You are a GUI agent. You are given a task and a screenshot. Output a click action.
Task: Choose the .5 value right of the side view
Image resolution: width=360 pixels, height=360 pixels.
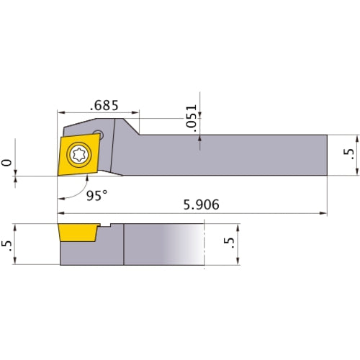(x=230, y=246)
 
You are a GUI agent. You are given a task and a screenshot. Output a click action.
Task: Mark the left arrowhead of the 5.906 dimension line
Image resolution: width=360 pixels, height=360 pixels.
(x=60, y=214)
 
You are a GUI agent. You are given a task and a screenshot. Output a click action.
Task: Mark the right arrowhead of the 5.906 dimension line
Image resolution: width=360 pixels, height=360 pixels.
(x=323, y=214)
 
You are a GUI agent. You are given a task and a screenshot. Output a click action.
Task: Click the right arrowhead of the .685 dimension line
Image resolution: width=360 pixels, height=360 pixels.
(x=136, y=113)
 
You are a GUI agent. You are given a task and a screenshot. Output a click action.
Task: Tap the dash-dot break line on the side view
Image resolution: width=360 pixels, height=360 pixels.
(x=205, y=246)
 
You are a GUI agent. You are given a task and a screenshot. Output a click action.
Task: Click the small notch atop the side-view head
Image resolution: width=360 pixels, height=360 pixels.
(x=106, y=227)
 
